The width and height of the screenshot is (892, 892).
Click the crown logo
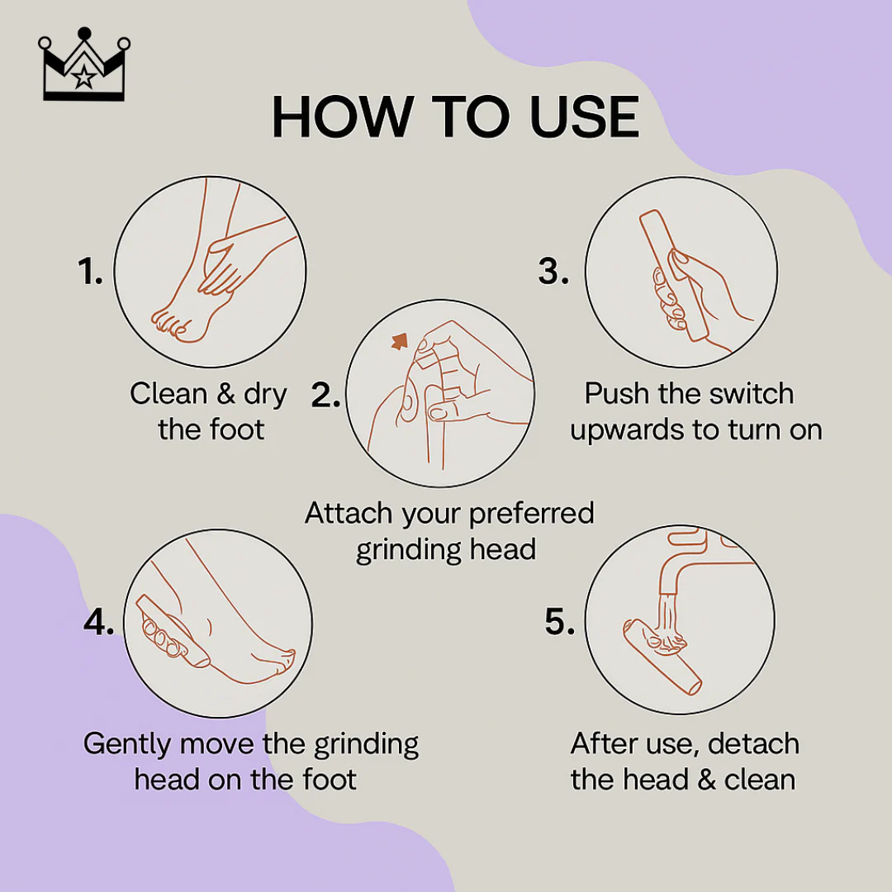(x=82, y=67)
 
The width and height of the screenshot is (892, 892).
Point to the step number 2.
(x=326, y=396)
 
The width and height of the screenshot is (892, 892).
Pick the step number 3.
(x=553, y=272)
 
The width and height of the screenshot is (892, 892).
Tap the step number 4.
(x=99, y=623)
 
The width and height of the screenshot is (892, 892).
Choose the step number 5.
(x=560, y=623)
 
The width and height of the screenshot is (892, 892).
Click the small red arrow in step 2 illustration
(x=401, y=339)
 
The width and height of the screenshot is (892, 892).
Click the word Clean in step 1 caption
(x=168, y=394)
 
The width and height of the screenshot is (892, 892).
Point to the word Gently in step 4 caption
(x=127, y=744)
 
